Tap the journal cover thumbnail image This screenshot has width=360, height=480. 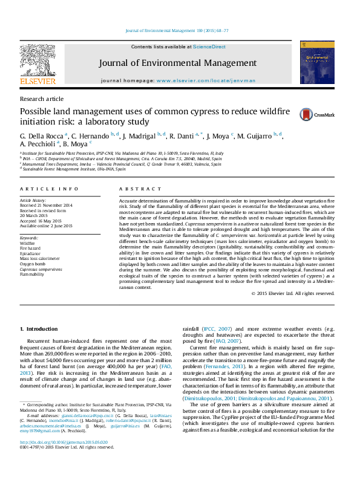point(313,66)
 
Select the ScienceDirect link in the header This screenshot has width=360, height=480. point(209,47)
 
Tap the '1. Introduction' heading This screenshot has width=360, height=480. point(39,329)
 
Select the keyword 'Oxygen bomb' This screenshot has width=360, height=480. point(33,264)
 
